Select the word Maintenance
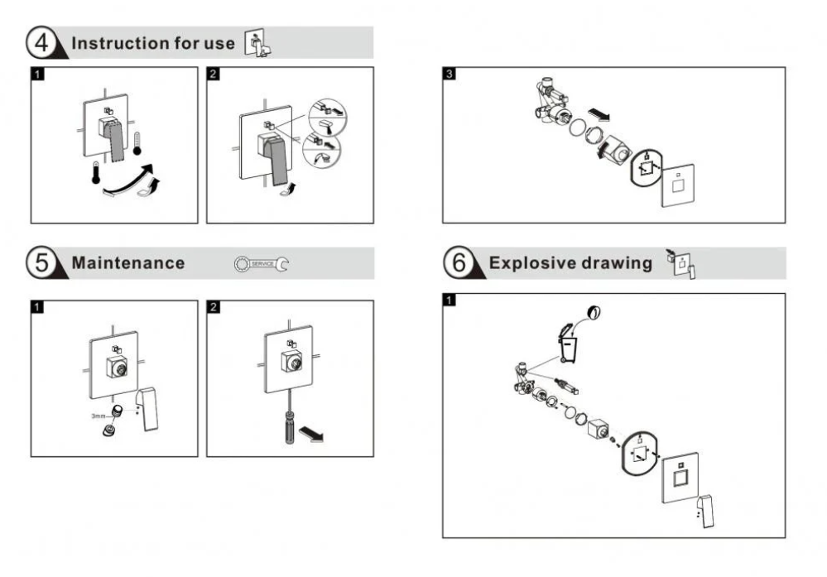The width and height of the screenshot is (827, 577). click(127, 263)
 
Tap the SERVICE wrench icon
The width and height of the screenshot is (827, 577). click(262, 264)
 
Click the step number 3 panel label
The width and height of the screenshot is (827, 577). click(449, 74)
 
